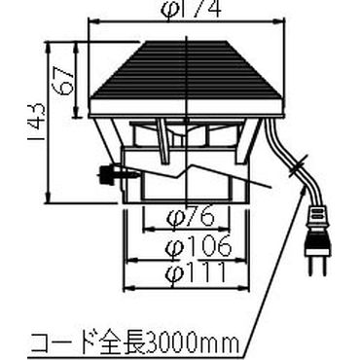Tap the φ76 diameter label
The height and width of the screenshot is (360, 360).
point(182,215)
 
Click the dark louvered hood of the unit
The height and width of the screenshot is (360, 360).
point(186,68)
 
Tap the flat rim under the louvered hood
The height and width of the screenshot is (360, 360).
point(186,109)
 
